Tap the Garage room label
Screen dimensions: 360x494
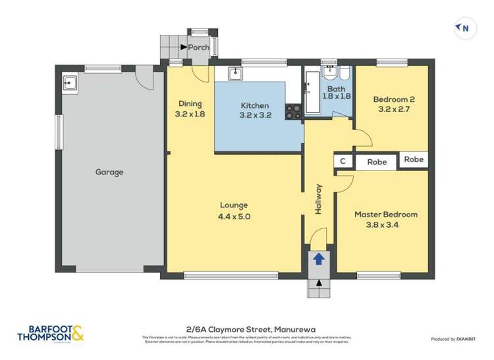[109, 172]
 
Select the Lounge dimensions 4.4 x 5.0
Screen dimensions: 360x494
[234, 216]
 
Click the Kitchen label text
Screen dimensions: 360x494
[254, 105]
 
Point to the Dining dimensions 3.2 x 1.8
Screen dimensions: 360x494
[190, 114]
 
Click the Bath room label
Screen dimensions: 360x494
[336, 89]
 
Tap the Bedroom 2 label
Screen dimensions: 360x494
[393, 99]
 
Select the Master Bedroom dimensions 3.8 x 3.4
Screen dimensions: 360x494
[386, 224]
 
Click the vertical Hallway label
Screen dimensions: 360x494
[319, 198]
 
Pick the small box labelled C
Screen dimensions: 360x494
[343, 161]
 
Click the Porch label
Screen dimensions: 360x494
[198, 47]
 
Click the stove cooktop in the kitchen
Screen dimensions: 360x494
[293, 112]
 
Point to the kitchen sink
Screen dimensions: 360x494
[234, 72]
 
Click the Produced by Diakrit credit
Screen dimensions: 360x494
[453, 339]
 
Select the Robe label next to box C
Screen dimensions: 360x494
[377, 161]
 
